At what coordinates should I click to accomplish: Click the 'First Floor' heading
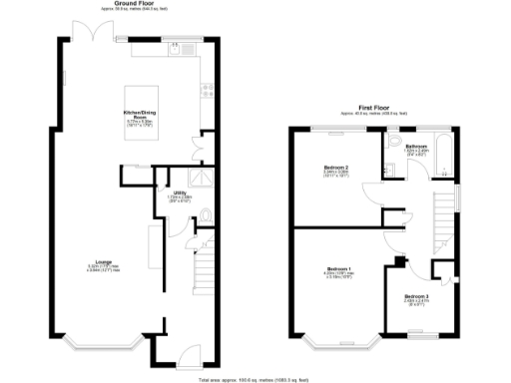(373, 105)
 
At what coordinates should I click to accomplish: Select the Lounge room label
(103, 264)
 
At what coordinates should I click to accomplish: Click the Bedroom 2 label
(335, 167)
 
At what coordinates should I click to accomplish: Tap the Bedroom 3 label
(417, 296)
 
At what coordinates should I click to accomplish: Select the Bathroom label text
(417, 147)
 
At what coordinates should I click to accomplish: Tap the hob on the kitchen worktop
(207, 90)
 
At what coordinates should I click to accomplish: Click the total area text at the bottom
(255, 379)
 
